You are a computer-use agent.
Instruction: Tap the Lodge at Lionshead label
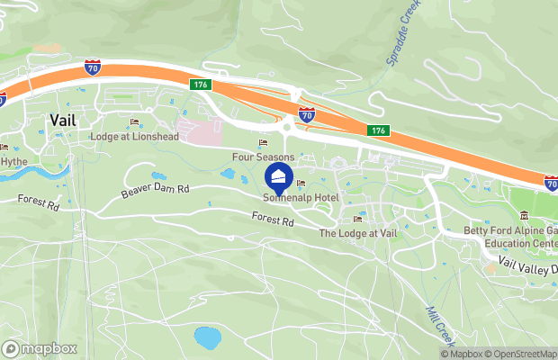tap(135, 137)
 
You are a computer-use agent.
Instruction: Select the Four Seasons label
tap(264, 157)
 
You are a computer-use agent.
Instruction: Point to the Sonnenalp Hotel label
tap(301, 197)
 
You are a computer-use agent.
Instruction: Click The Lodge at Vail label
tap(358, 233)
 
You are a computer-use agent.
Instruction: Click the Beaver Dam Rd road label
tap(156, 191)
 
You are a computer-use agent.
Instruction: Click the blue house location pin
tap(279, 175)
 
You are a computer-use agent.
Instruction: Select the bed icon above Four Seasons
tap(264, 143)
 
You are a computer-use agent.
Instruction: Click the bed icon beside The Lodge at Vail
tap(358, 220)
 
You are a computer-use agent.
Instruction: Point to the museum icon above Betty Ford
tap(524, 214)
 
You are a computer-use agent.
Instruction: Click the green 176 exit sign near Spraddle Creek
tap(379, 131)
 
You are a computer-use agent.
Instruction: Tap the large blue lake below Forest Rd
tap(208, 338)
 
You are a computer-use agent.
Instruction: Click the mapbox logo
tap(40, 348)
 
